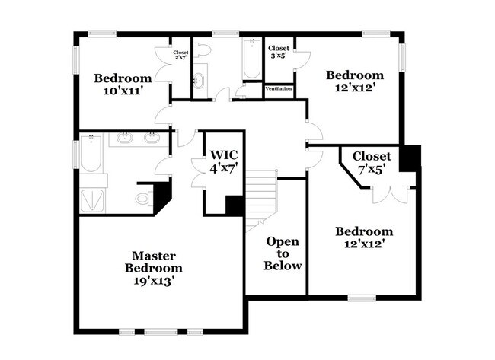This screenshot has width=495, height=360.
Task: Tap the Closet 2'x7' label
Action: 180,55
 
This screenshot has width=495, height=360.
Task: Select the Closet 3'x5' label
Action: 278,52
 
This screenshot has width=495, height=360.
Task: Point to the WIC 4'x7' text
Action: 225,161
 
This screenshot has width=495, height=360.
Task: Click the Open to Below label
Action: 283,253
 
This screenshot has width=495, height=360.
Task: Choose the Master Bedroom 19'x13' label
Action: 155,268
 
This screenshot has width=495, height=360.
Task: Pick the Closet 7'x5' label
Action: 372,162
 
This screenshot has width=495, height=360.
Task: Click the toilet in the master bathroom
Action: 142,199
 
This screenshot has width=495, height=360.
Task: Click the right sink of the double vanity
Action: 152,139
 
